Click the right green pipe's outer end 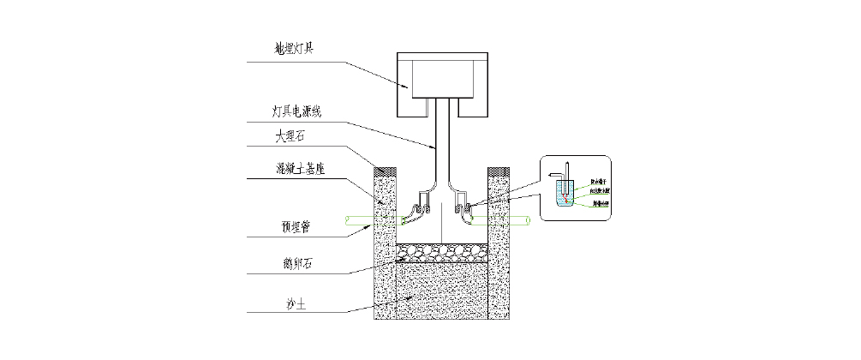[529, 221]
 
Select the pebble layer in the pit [442, 252]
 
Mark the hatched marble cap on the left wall [385, 168]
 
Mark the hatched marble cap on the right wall [499, 168]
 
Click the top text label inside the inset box [596, 183]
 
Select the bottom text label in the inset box [596, 203]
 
